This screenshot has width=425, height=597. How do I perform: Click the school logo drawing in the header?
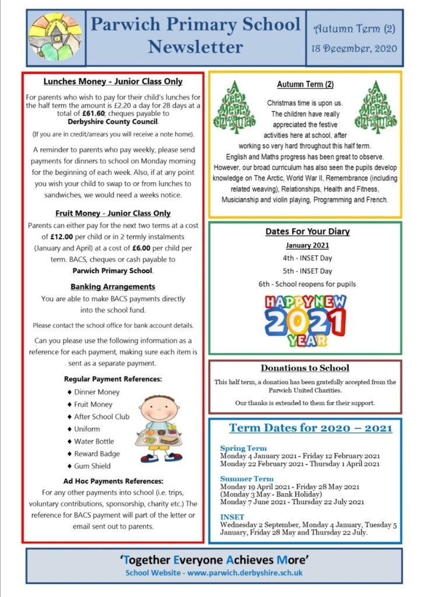coord(55,37)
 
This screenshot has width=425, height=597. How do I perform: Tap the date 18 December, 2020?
coord(355,48)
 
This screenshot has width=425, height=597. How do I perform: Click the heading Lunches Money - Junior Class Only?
coord(113,82)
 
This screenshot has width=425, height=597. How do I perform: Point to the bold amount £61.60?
coord(76,113)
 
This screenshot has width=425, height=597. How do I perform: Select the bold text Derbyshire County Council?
coord(113,121)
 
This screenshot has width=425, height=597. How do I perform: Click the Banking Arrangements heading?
coord(113,287)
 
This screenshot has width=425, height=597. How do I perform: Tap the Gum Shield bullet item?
coord(92,466)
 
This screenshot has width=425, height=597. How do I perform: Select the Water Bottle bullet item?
coord(94,441)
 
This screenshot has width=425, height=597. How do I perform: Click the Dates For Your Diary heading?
coord(307,232)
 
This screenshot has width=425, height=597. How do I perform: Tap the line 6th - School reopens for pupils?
coord(307,284)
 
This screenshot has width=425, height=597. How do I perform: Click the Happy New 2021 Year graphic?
coord(305,320)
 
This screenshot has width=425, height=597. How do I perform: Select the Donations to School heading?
coord(305,368)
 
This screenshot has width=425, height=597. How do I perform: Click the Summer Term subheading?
coord(247,479)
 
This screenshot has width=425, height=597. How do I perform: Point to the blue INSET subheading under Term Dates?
coord(232,517)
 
